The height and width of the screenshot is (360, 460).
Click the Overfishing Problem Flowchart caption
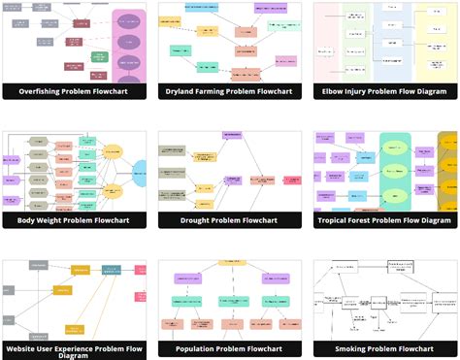click(x=75, y=91)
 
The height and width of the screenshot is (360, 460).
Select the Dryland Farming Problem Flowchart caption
click(x=230, y=91)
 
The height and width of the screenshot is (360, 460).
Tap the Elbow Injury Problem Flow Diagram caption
click(x=384, y=91)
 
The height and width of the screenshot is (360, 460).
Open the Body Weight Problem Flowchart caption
click(x=75, y=220)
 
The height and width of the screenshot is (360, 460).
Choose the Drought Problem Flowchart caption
click(x=230, y=220)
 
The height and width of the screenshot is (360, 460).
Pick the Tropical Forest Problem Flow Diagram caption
click(x=384, y=220)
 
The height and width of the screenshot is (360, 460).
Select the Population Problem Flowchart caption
click(x=230, y=348)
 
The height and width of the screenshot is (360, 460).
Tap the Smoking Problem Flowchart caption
click(x=384, y=348)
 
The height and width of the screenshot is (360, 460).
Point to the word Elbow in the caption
click(x=338, y=91)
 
